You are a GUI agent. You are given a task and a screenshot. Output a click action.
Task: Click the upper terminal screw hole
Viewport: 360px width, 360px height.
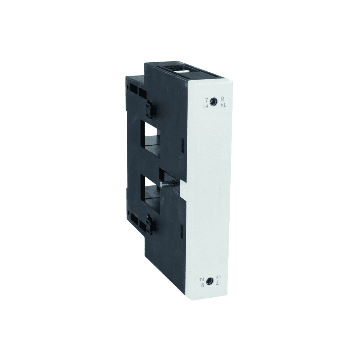click(x=214, y=101)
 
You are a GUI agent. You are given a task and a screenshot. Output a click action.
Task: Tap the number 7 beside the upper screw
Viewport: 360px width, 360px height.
click(x=207, y=100)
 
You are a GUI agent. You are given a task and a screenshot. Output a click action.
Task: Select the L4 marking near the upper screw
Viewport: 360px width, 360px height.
click(x=206, y=106)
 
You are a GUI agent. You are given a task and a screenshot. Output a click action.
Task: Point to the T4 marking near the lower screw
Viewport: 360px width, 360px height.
click(x=202, y=279)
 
